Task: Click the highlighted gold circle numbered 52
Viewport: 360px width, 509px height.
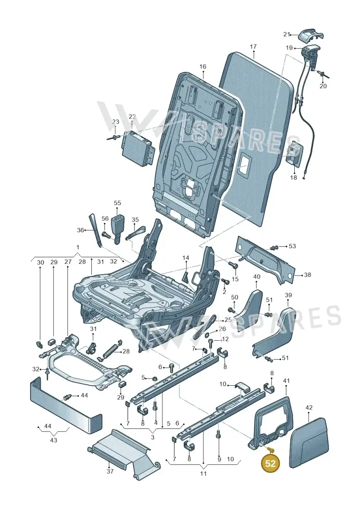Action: (x=270, y=463)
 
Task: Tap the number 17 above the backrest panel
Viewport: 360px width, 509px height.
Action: (x=253, y=47)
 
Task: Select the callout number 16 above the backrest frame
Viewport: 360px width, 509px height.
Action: (x=202, y=67)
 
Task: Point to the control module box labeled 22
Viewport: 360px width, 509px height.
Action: (x=136, y=147)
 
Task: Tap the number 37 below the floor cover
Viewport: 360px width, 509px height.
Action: (x=110, y=471)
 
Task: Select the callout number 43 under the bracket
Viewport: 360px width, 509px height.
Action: (x=54, y=440)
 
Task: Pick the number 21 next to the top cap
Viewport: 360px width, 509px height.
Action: (x=287, y=34)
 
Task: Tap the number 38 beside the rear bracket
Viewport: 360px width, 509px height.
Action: (x=307, y=275)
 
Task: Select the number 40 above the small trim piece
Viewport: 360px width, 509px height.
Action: (x=256, y=277)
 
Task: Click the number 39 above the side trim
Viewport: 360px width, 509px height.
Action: (x=288, y=295)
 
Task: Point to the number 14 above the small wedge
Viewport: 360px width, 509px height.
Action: (x=185, y=258)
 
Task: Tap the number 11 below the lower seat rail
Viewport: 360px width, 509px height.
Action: (x=203, y=473)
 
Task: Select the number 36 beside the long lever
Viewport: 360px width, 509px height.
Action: (x=80, y=230)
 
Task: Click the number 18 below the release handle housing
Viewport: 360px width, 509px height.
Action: (x=293, y=177)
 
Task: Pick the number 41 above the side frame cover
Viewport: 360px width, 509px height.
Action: (x=286, y=380)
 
